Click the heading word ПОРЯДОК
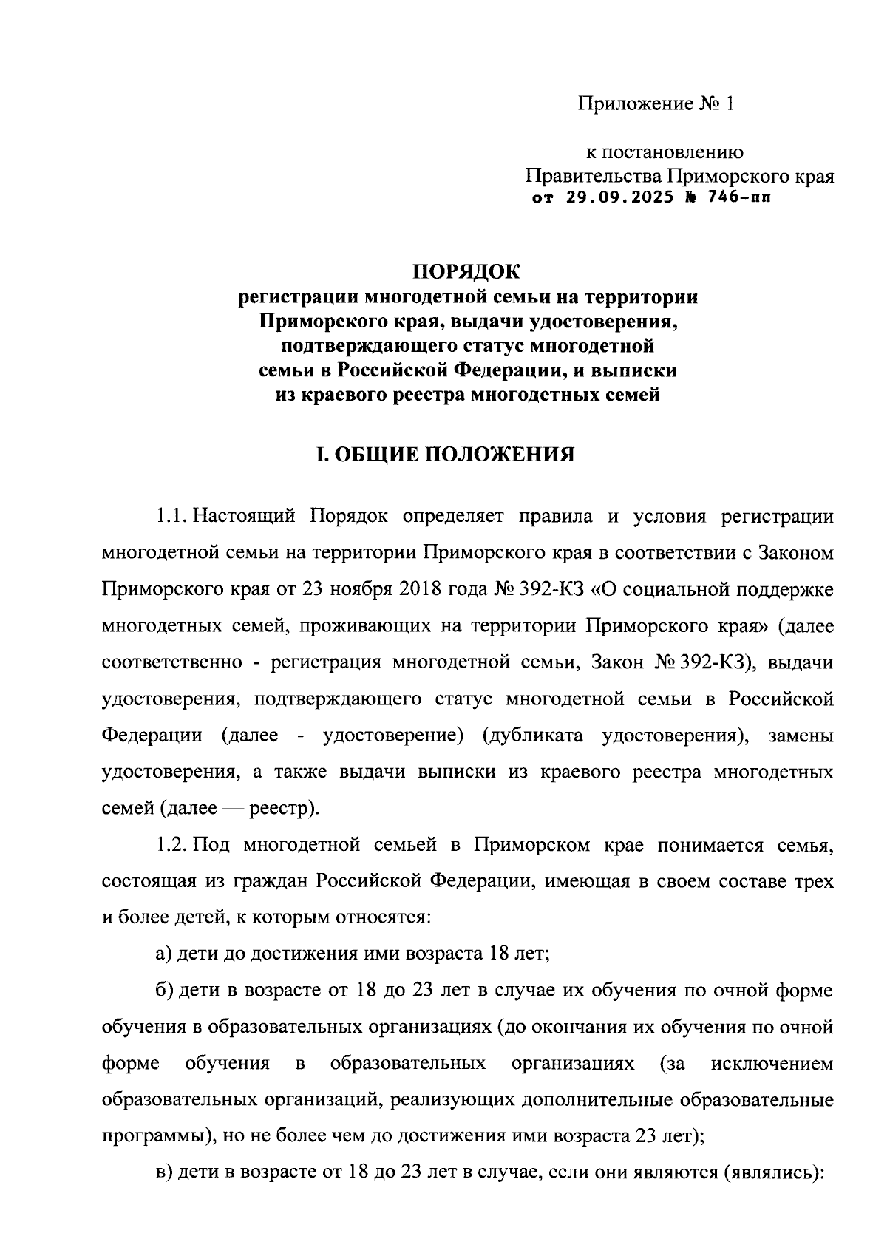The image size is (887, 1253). pos(466,271)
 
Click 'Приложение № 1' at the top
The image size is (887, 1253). pos(656,103)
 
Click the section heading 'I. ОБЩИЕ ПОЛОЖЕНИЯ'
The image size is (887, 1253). pos(445,454)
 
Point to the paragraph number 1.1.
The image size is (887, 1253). pos(171,516)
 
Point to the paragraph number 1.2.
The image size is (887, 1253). pos(171,844)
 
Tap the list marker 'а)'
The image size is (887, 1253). pos(164,954)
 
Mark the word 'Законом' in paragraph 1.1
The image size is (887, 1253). pos(793,552)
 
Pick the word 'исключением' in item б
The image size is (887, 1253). pos(772,1064)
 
